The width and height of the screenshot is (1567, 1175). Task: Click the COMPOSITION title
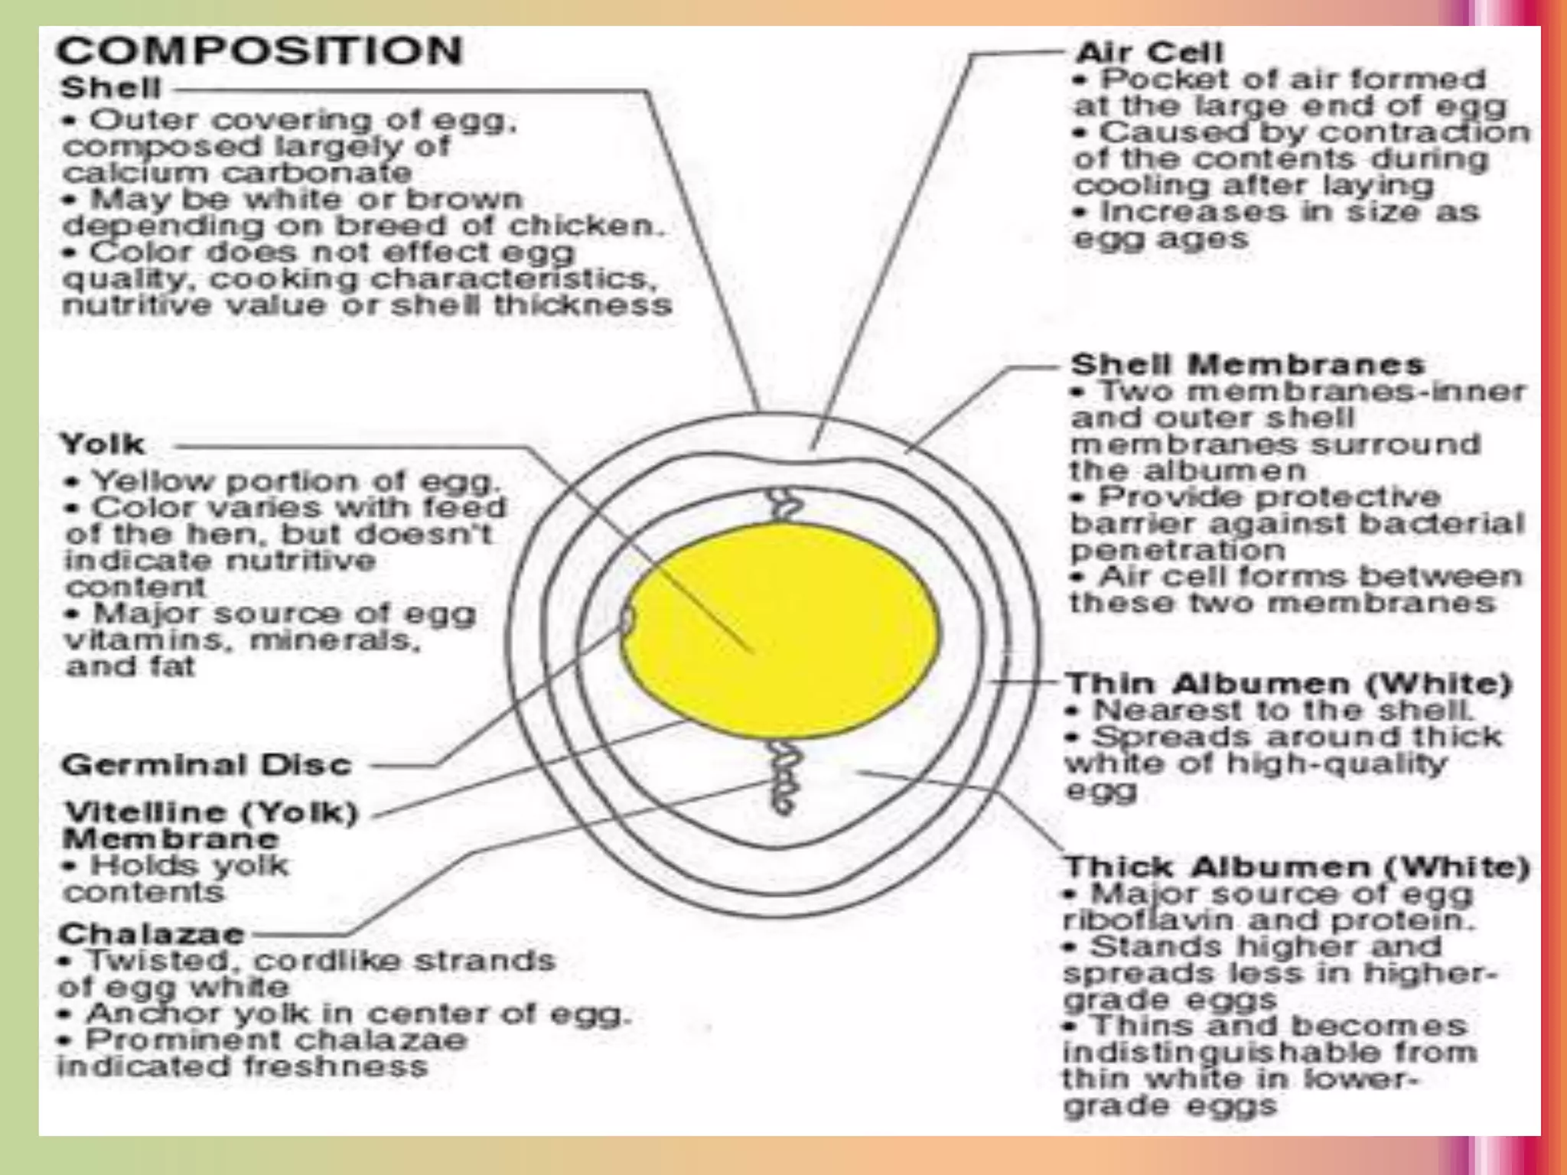[259, 52]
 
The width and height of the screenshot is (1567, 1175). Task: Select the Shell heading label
[110, 88]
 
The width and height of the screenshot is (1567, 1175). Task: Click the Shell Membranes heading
[1247, 364]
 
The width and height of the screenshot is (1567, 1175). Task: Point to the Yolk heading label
[102, 444]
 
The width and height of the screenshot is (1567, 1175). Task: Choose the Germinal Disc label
[207, 764]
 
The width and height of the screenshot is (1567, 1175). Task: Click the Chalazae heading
[151, 933]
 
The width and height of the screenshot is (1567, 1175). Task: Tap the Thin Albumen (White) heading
[1288, 683]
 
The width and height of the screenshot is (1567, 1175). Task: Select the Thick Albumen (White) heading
[1296, 867]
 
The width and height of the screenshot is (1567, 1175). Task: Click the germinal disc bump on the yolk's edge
[627, 620]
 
